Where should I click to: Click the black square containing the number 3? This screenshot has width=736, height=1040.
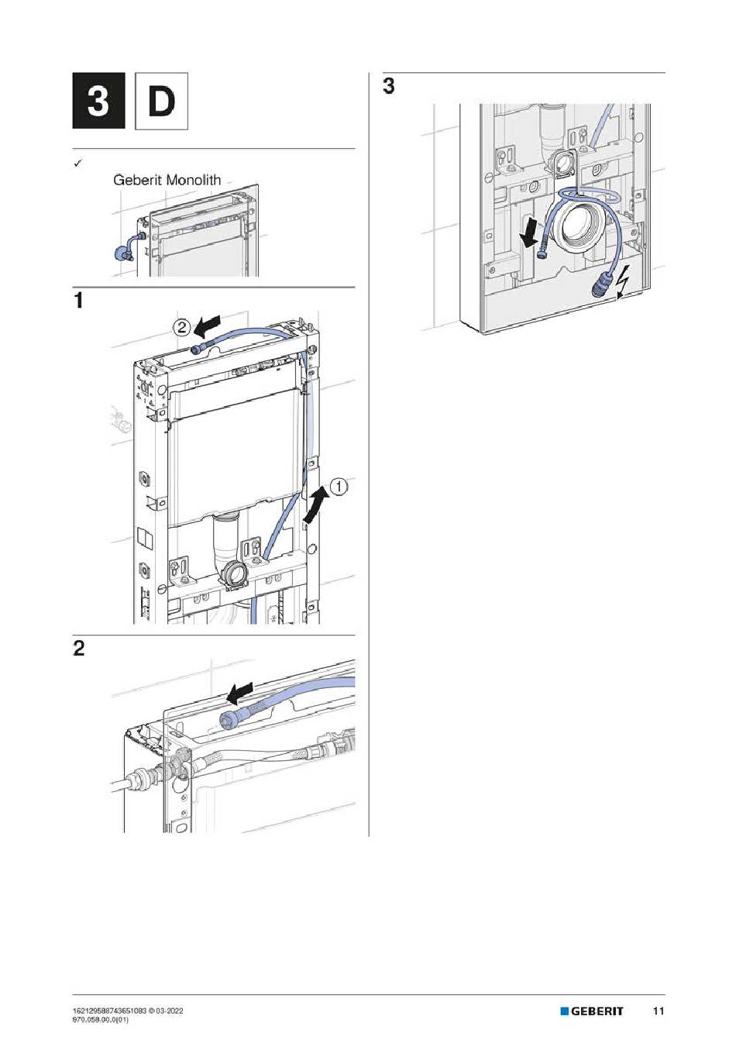98,101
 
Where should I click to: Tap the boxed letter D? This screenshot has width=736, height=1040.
161,101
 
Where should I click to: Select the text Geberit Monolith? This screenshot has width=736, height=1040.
167,180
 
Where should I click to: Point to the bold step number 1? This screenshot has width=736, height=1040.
78,300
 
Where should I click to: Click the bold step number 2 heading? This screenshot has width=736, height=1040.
78,648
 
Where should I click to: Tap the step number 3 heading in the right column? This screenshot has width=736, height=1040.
388,86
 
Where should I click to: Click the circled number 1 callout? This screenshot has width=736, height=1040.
339,487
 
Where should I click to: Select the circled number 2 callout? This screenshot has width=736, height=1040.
181,326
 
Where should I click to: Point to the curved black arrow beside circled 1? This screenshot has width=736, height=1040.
315,505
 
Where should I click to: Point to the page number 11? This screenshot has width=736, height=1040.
659,1011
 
